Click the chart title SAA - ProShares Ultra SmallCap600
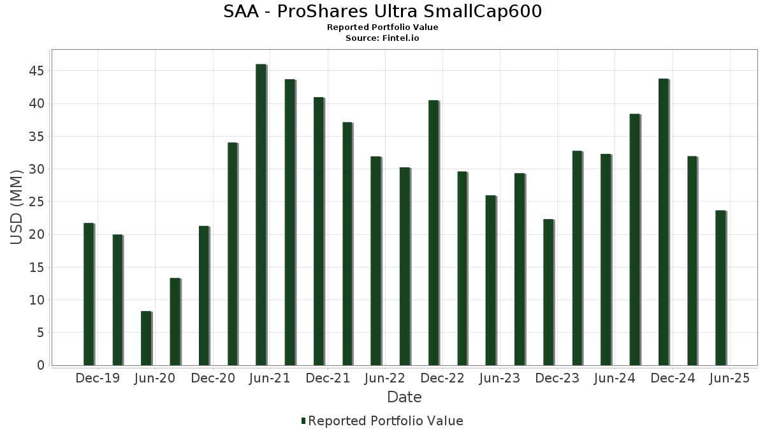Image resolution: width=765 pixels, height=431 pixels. (382, 11)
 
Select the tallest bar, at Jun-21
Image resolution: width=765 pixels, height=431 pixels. (261, 215)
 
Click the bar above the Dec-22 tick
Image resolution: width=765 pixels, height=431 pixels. (433, 232)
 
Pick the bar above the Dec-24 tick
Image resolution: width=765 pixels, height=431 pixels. (664, 222)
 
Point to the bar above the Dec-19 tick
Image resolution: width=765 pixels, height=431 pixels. (89, 294)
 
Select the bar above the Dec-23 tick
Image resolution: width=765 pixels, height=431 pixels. (548, 292)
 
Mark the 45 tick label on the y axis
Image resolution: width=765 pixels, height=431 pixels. (36, 70)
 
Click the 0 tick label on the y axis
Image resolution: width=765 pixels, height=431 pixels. (41, 365)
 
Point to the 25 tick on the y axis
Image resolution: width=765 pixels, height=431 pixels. (36, 202)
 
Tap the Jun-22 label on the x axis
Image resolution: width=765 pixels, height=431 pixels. (384, 378)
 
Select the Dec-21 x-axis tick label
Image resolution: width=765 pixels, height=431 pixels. (327, 378)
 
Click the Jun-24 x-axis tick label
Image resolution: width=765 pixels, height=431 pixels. (615, 378)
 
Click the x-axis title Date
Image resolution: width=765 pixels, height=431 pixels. (404, 397)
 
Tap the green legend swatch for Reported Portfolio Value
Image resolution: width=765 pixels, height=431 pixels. (303, 421)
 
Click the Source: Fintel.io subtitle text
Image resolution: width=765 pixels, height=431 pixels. (382, 38)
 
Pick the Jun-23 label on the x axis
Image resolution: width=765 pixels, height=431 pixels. (499, 378)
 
